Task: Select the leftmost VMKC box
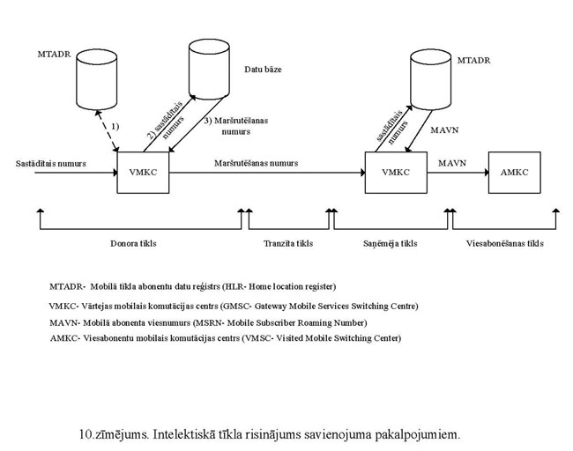click(x=143, y=173)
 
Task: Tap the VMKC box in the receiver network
click(x=391, y=173)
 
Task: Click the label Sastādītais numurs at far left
click(x=51, y=163)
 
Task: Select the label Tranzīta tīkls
click(x=288, y=243)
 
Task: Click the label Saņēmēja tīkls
click(x=390, y=243)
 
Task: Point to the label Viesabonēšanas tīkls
click(x=505, y=243)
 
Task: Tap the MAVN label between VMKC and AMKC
click(x=452, y=163)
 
